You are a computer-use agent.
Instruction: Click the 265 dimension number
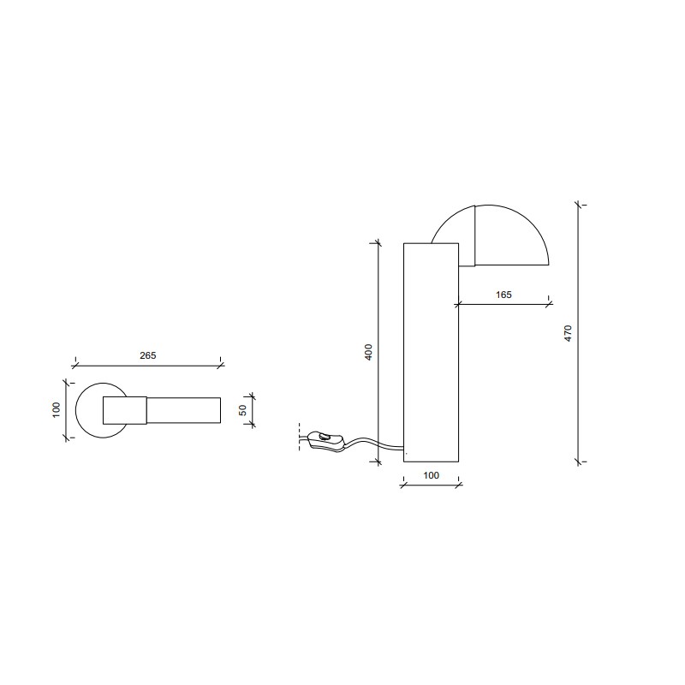coord(147,355)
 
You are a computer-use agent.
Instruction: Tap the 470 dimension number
coord(568,333)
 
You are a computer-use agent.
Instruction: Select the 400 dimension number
coord(369,352)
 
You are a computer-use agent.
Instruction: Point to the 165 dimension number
coord(503,295)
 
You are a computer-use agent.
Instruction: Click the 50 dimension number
coord(243,410)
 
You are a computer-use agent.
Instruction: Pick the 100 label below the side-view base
coord(431,475)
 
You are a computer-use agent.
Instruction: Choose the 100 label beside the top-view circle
coord(57,410)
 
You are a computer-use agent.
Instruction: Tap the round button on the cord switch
coord(325,436)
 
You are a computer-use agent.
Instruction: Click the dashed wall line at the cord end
coord(299,437)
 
